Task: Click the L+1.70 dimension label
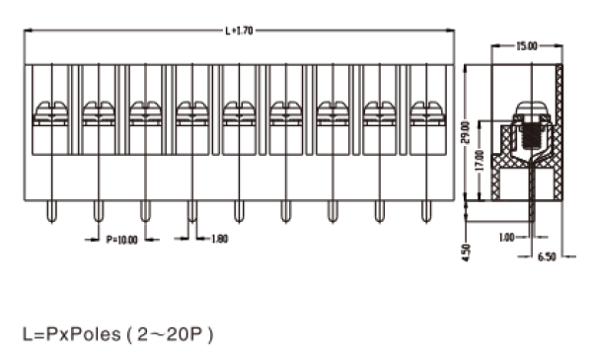tap(239, 31)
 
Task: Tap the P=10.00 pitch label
tap(121, 240)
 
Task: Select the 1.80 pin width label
tap(220, 239)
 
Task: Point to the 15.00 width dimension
tap(527, 46)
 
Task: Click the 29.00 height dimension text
tap(465, 132)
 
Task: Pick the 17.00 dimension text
tap(481, 160)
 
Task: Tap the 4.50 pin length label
tap(466, 252)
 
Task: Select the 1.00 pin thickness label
tap(507, 238)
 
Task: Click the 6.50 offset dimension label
tap(547, 256)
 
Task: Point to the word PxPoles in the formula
tap(83, 334)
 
